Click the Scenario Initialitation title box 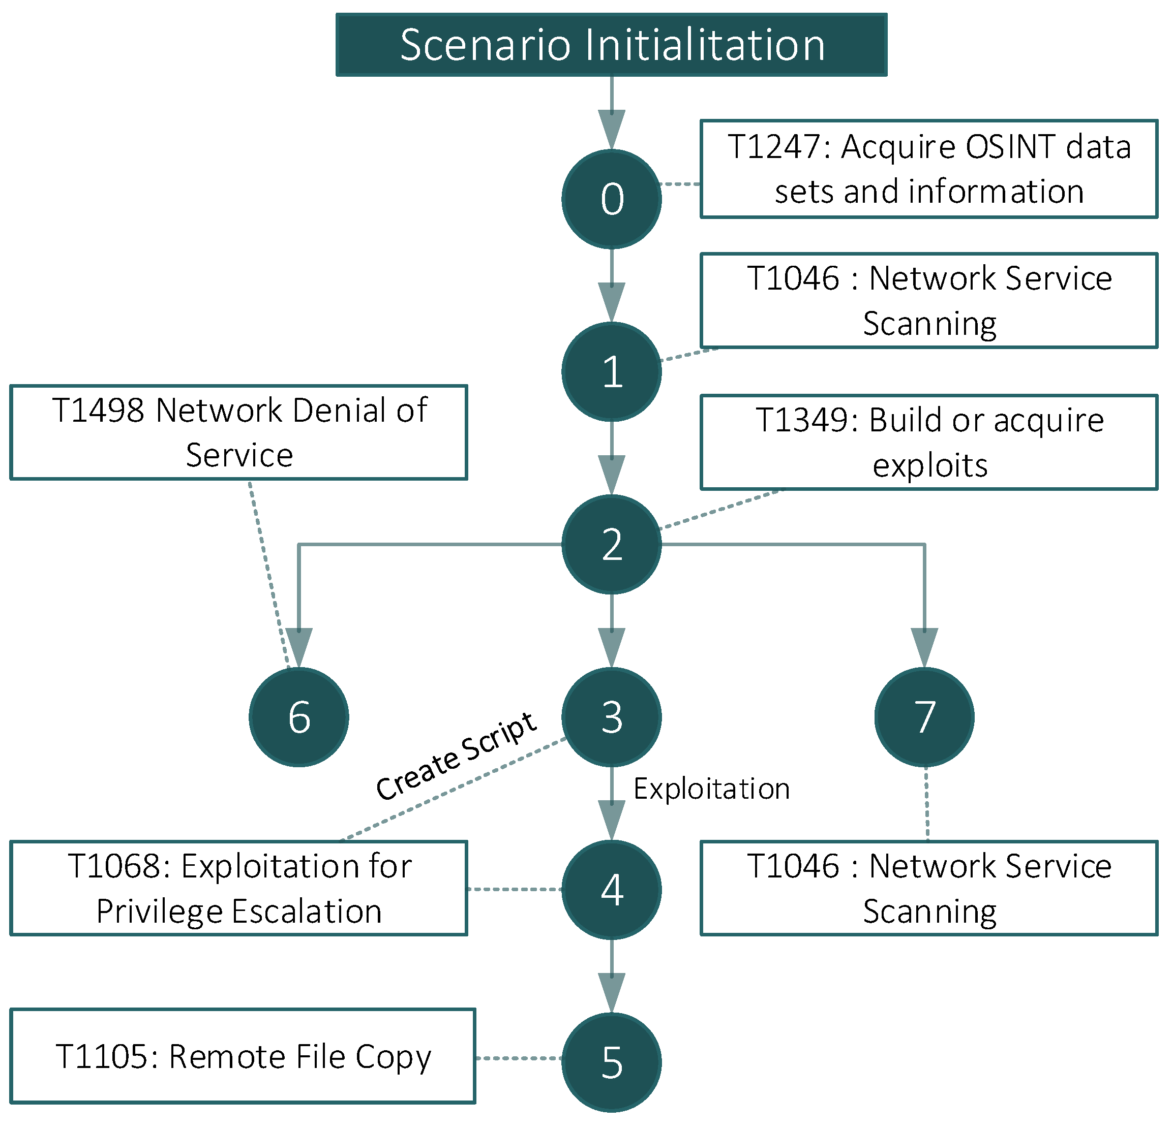[611, 45]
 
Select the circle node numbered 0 [611, 199]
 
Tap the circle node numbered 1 [611, 371]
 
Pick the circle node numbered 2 [611, 544]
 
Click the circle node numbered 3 [611, 716]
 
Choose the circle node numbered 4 [611, 889]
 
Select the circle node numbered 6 [298, 716]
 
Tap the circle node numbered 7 [924, 716]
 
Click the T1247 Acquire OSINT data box [929, 169]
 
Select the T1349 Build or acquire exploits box [929, 442]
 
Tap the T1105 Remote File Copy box [243, 1056]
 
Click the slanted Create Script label [456, 756]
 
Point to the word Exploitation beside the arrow [711, 788]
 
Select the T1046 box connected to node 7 [929, 888]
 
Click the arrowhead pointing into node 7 [924, 646]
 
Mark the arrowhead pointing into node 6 [298, 646]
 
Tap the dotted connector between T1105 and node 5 [518, 1058]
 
